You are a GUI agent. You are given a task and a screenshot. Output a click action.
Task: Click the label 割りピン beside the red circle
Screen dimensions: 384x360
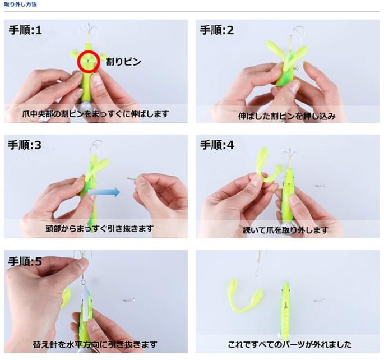coord(123,62)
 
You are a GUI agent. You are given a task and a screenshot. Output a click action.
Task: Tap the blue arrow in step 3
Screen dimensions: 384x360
coord(104,192)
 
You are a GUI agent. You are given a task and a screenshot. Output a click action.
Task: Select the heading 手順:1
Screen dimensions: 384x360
coord(25,30)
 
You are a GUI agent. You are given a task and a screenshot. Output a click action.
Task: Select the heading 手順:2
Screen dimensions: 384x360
coord(217,30)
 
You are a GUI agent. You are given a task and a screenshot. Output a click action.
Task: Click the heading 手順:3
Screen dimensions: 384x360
coord(25,145)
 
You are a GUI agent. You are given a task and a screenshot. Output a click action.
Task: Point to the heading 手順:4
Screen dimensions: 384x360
coord(217,145)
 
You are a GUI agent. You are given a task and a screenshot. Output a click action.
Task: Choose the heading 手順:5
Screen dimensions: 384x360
coord(25,261)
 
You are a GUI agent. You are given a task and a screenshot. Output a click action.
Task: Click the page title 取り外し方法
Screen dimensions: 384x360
coord(20,4)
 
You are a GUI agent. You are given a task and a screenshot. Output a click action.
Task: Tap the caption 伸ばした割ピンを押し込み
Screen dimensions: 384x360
coord(287,116)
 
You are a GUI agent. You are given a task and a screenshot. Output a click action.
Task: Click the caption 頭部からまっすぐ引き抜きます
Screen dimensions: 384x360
coord(100,228)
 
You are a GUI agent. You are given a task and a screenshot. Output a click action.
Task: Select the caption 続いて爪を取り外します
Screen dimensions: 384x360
coord(285,230)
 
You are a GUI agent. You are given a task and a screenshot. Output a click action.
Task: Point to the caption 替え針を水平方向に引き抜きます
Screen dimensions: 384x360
coord(95,344)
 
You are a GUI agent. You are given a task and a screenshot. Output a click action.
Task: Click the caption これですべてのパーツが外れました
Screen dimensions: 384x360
coord(290,344)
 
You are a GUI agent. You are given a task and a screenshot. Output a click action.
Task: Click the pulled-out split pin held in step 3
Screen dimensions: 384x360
coord(132,179)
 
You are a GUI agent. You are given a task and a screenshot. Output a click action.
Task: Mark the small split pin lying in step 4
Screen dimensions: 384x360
coord(321,186)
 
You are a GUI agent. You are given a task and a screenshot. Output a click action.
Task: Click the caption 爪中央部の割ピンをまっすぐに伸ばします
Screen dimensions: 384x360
coord(95,114)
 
